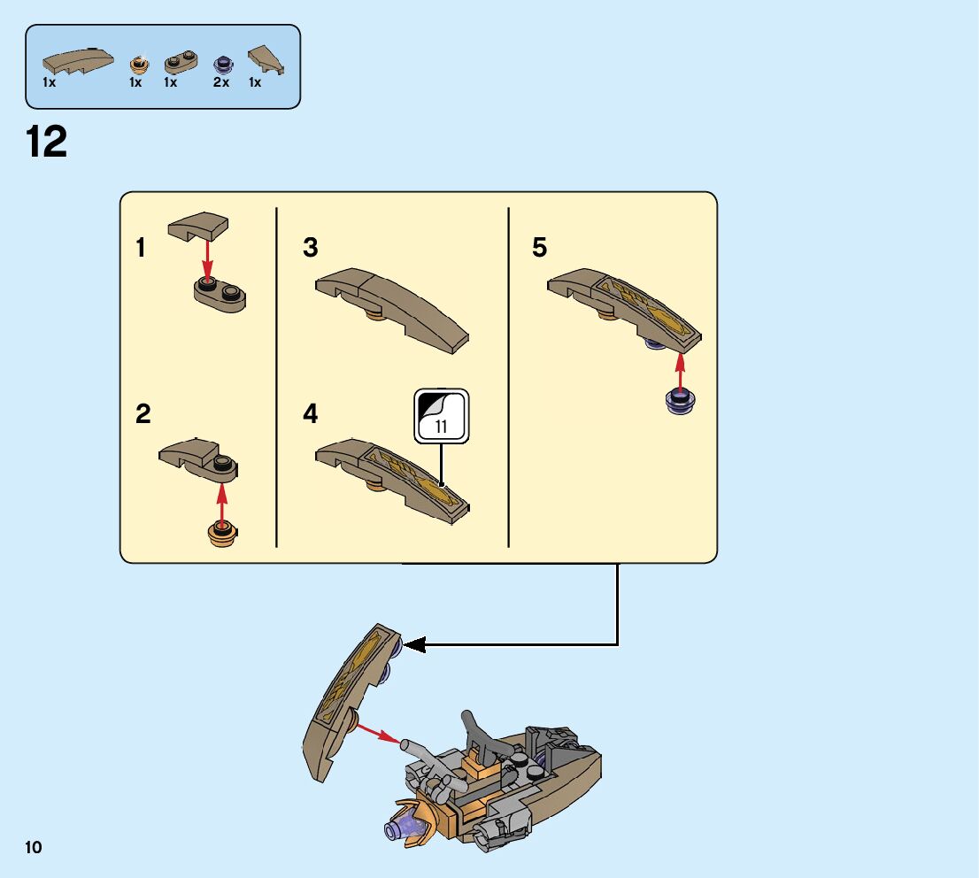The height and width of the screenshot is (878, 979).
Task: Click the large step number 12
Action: tap(47, 142)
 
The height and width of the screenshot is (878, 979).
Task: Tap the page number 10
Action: tap(34, 848)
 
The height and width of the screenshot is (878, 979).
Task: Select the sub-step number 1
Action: tap(141, 248)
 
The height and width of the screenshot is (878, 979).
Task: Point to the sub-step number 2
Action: tap(143, 413)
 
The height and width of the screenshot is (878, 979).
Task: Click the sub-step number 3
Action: tap(310, 248)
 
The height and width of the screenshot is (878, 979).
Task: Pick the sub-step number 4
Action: tap(310, 413)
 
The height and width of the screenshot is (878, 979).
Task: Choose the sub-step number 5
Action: tap(540, 248)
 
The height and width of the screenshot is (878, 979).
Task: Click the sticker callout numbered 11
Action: tap(442, 417)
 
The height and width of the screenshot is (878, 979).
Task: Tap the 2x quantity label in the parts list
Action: tap(221, 83)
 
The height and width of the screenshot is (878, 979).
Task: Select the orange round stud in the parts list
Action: tap(137, 64)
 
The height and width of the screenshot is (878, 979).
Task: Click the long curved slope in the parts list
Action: tap(78, 61)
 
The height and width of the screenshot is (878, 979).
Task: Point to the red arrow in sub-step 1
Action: tap(207, 257)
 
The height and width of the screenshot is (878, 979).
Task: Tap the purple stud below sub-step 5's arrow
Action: tap(679, 401)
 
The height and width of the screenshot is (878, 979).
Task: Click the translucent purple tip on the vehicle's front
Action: tap(394, 828)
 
